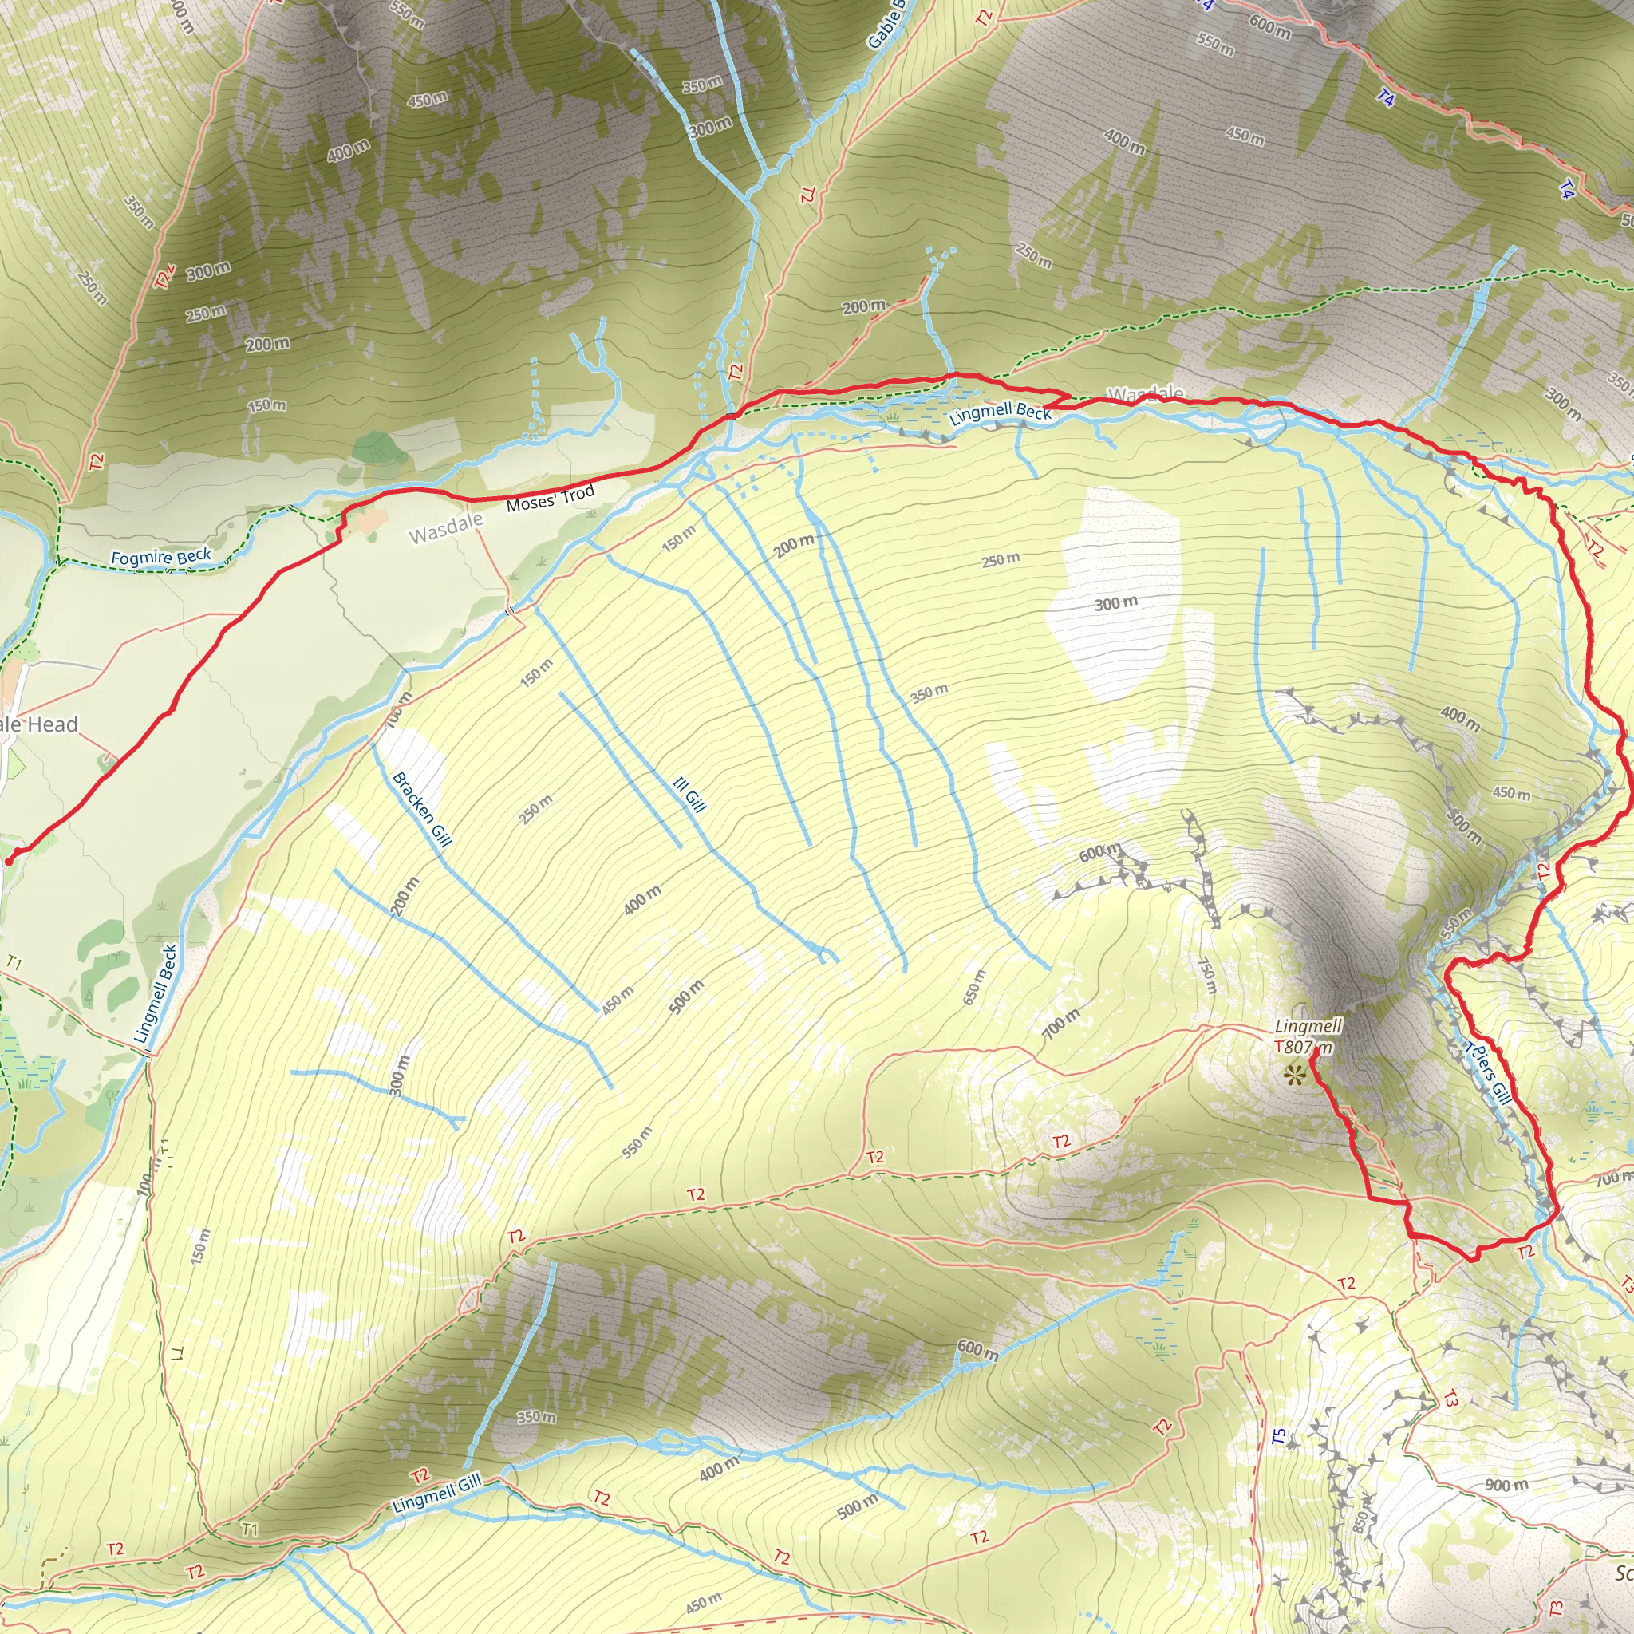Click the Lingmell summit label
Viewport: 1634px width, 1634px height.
point(1308,1027)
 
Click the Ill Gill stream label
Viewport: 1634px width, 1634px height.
point(689,795)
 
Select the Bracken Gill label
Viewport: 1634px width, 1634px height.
point(422,808)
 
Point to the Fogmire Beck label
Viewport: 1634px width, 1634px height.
point(160,558)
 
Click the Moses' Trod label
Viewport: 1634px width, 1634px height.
point(550,499)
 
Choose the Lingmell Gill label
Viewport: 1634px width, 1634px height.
point(436,1493)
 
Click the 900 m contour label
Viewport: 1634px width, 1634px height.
point(1506,1485)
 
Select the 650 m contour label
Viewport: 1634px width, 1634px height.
point(975,987)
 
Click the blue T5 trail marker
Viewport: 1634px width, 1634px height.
point(1279,1436)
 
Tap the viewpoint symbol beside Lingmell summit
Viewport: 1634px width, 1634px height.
point(1293,1075)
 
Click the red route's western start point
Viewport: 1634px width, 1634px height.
point(10,859)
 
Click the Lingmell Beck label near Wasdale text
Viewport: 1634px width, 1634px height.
point(1000,413)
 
